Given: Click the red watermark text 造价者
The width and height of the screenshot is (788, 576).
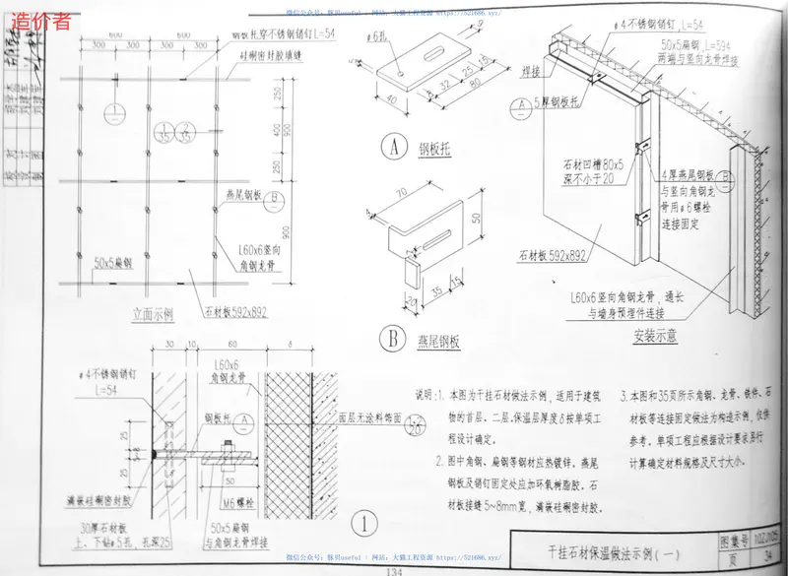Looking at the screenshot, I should click(x=39, y=20).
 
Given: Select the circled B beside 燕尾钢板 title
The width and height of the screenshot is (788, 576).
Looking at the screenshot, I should click(x=393, y=341).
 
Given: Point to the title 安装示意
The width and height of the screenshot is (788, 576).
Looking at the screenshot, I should click(x=653, y=336).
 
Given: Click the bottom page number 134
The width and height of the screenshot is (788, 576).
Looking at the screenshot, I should click(x=394, y=571).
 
